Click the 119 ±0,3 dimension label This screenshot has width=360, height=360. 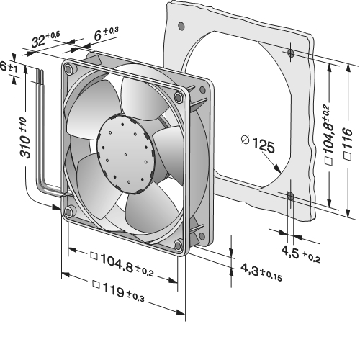(x=119, y=291)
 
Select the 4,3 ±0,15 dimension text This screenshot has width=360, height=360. (x=261, y=272)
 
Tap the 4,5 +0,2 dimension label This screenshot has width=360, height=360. (x=300, y=254)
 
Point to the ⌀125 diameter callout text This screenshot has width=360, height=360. (x=258, y=143)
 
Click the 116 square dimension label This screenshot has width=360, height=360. (x=348, y=143)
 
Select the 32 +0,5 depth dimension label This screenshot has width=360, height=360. (x=45, y=39)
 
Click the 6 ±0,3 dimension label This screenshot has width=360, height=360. (x=106, y=34)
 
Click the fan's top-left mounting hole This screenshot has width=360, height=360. (x=68, y=69)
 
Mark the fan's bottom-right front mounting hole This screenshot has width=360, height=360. (x=178, y=245)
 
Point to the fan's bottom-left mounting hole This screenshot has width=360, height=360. (x=68, y=212)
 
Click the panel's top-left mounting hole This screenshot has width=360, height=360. (x=181, y=25)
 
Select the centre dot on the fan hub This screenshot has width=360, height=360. (x=125, y=154)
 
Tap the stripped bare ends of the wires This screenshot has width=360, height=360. (x=40, y=76)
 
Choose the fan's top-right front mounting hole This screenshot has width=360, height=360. (x=178, y=97)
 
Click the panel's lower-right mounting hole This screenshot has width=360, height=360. (x=290, y=197)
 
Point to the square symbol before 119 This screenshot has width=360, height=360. (x=96, y=284)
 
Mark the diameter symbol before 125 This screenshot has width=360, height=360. (x=246, y=140)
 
